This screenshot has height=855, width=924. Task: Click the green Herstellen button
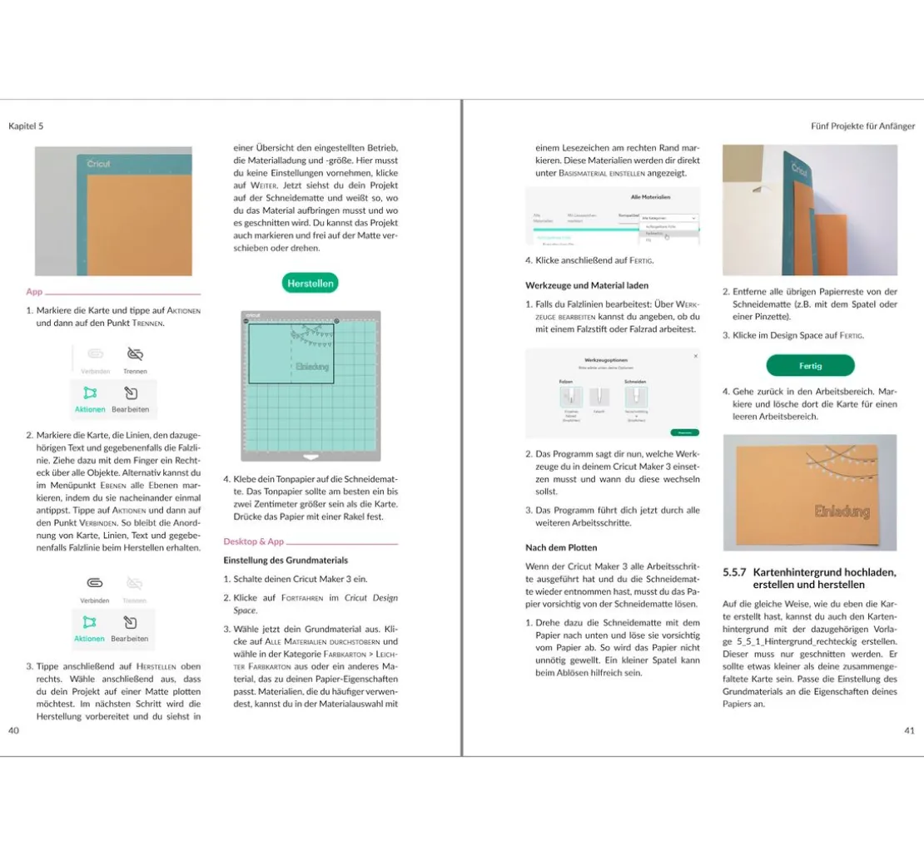pyautogui.click(x=310, y=283)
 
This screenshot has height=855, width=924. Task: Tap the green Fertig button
pyautogui.click(x=810, y=365)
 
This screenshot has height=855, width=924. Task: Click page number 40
pyautogui.click(x=13, y=730)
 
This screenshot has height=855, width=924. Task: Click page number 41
pyautogui.click(x=909, y=730)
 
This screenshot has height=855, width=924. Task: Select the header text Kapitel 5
pyautogui.click(x=26, y=126)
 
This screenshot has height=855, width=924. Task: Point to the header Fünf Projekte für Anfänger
pyautogui.click(x=862, y=126)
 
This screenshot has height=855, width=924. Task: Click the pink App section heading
pyautogui.click(x=34, y=292)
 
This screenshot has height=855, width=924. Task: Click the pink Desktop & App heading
pyautogui.click(x=253, y=541)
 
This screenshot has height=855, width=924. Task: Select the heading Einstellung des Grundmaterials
pyautogui.click(x=286, y=560)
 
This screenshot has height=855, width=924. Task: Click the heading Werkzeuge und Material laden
pyautogui.click(x=587, y=285)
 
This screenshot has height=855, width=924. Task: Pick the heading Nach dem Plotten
pyautogui.click(x=560, y=547)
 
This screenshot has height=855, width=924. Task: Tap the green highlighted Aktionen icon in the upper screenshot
pyautogui.click(x=90, y=393)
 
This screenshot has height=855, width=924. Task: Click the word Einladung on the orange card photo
pyautogui.click(x=842, y=510)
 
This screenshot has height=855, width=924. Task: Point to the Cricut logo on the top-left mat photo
pyautogui.click(x=98, y=164)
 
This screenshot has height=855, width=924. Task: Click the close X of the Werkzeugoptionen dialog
pyautogui.click(x=695, y=356)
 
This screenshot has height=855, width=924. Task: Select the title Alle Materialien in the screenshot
pyautogui.click(x=652, y=197)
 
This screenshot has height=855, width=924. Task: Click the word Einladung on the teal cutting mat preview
pyautogui.click(x=312, y=367)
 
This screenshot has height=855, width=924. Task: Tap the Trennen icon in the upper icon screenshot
pyautogui.click(x=135, y=354)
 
